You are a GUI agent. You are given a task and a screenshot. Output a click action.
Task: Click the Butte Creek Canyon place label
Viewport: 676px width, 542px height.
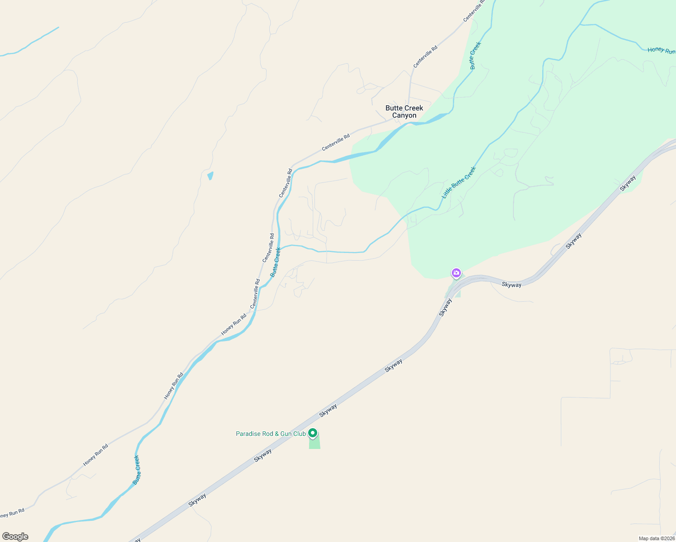pos(404,112)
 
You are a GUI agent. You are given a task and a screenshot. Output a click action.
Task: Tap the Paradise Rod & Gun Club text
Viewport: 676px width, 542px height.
pos(271,434)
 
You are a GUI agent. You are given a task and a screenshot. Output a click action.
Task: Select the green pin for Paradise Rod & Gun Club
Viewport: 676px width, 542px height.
pos(312,433)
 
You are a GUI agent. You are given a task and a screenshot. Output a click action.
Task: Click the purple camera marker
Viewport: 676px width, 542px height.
pos(456,273)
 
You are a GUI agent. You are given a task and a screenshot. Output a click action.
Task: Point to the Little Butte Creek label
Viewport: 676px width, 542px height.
pos(459,182)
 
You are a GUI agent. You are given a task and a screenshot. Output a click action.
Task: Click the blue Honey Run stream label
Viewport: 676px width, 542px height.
pos(661,50)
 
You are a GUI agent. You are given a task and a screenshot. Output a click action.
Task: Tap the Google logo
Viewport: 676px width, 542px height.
pos(15,537)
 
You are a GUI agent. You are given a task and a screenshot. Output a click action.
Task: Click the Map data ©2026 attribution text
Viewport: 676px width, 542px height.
pos(656,538)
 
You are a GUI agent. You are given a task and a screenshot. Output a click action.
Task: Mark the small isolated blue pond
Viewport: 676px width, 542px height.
pos(210,176)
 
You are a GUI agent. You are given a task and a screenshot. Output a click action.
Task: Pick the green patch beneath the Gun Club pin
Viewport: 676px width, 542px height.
pos(315,443)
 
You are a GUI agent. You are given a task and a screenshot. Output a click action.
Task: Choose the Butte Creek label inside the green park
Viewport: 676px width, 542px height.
pos(475,56)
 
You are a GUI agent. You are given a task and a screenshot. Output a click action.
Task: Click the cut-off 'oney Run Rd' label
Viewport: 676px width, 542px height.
pos(12,514)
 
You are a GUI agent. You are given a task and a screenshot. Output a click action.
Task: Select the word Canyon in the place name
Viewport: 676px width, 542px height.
pos(404,116)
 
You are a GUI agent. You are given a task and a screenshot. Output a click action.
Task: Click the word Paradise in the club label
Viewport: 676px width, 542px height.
pos(248,434)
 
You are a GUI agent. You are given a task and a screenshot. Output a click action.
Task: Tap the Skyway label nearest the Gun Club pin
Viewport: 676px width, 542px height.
pos(328,410)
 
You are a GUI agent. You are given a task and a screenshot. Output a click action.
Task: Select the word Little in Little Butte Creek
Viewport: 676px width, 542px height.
pos(447,192)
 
